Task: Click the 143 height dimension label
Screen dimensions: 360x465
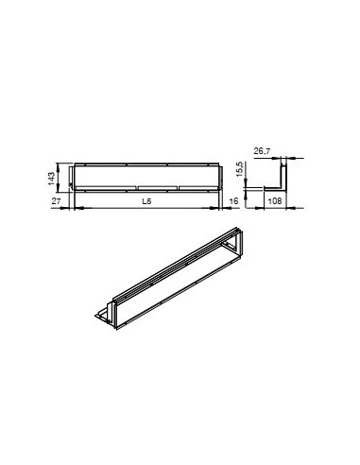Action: coord(52,179)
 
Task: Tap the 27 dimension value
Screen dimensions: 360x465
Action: coord(56,201)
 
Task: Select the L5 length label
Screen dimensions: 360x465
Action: coord(146,201)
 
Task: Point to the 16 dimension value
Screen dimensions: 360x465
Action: coord(234,201)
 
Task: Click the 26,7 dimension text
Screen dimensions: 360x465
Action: coord(262,151)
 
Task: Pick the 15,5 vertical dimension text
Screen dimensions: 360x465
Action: coord(239,169)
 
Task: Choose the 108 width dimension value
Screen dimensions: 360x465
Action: coord(275,201)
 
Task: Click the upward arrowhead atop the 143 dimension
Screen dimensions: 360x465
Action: coord(58,166)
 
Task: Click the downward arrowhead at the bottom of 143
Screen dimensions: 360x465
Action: coord(58,189)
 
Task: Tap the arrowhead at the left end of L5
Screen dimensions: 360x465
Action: coord(79,208)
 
